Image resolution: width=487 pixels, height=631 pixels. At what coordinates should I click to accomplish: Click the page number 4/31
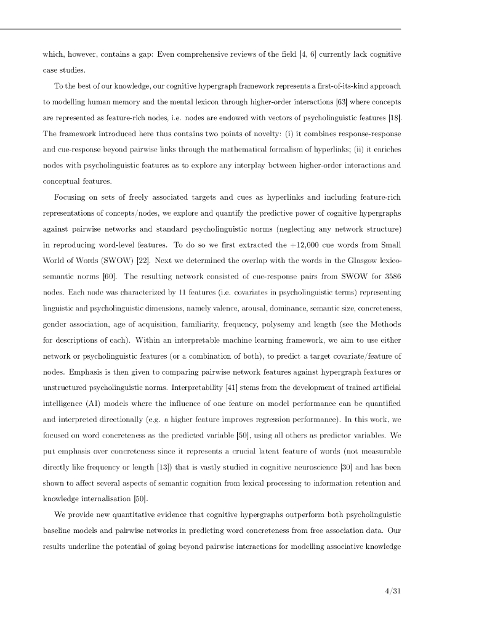(x=391, y=592)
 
